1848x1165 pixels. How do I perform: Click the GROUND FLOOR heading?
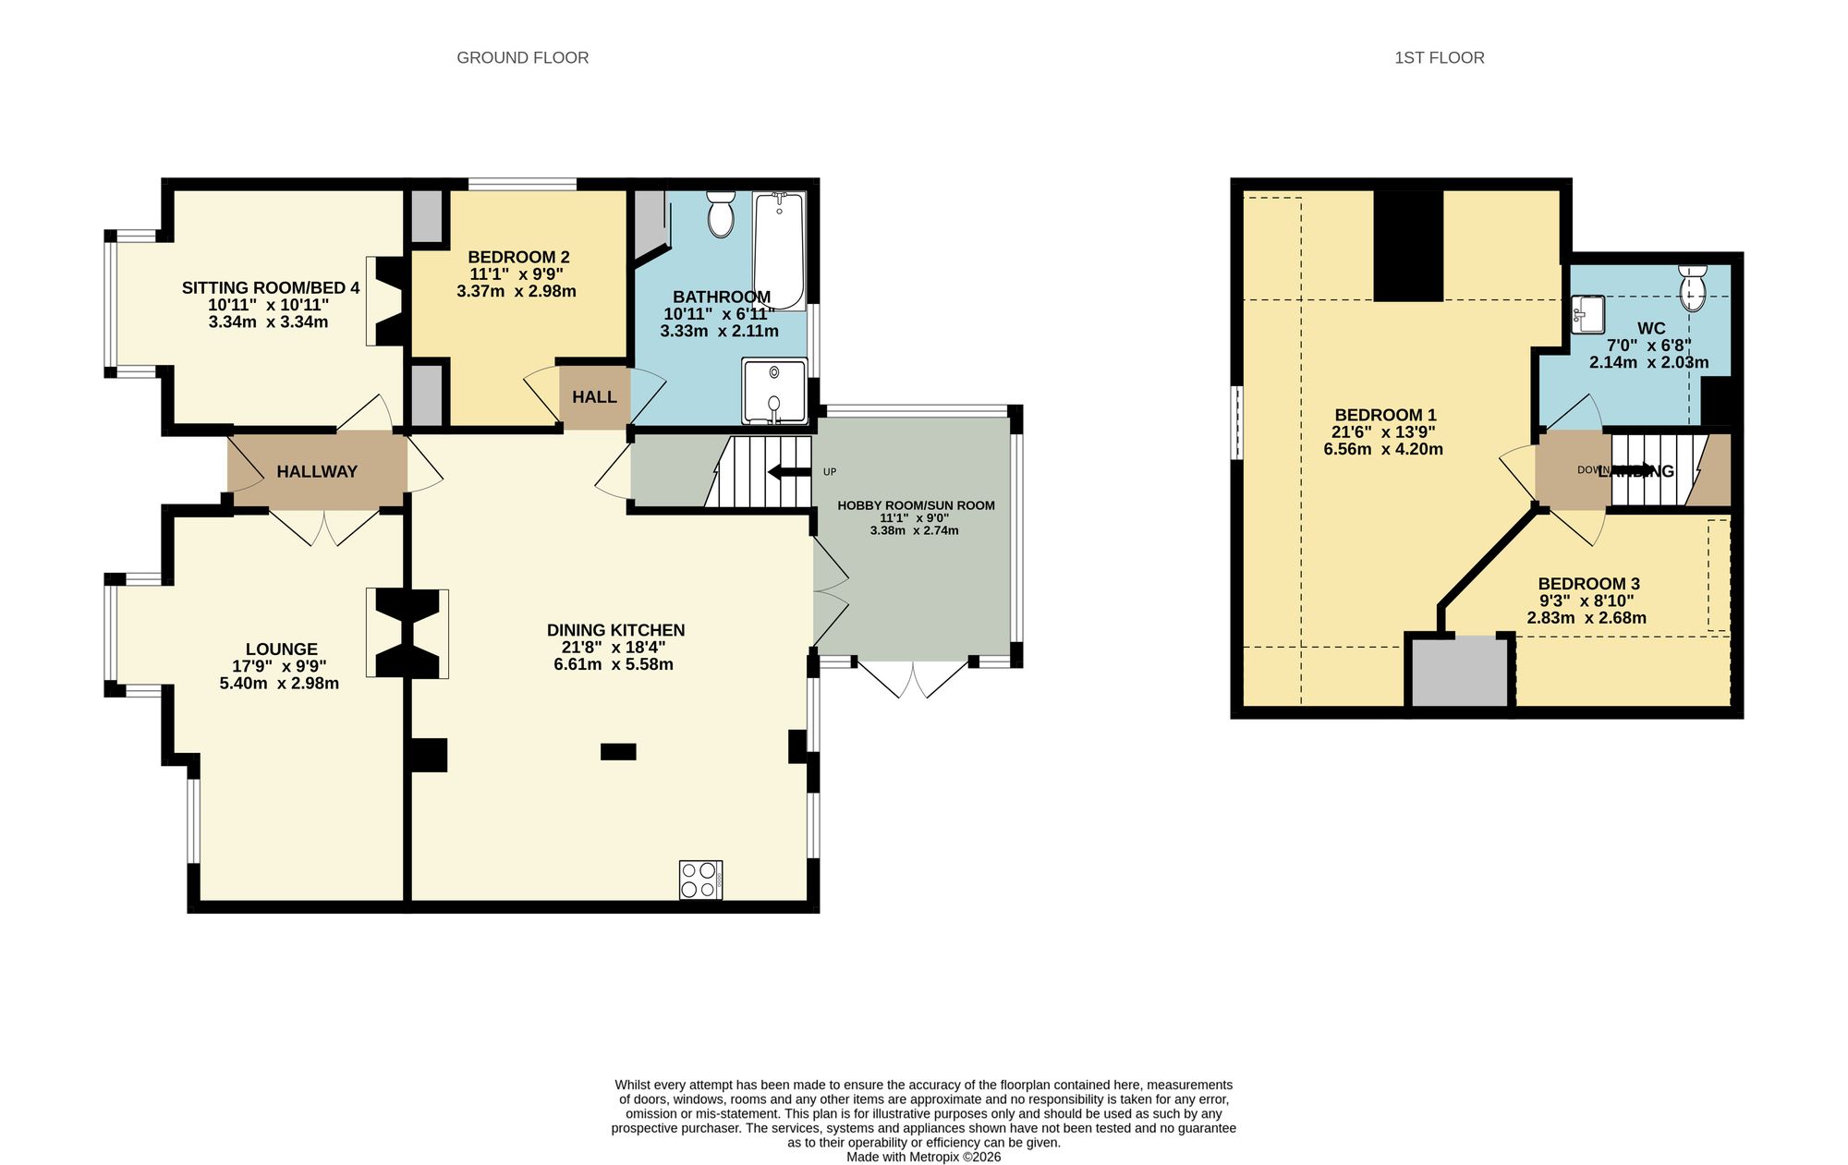[x=522, y=57]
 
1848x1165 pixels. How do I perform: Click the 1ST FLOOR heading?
[x=1439, y=57]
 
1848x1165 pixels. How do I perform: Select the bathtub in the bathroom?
[x=779, y=250]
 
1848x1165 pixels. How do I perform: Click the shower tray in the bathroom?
[x=773, y=392]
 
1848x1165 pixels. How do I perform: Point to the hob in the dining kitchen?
[x=700, y=880]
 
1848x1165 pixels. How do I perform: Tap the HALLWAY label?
[x=317, y=471]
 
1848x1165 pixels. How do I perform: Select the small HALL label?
[x=594, y=397]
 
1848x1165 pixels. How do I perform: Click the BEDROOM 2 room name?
[x=518, y=257]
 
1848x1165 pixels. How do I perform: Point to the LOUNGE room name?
[x=281, y=649]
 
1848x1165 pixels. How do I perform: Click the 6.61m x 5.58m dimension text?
[x=613, y=664]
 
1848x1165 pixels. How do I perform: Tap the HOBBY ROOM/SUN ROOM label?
[x=916, y=505]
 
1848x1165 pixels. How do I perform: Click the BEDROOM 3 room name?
[x=1588, y=584]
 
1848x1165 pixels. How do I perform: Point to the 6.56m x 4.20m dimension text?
[x=1383, y=449]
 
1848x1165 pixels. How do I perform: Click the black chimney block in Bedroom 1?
[x=1408, y=246]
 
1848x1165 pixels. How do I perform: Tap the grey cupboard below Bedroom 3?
[x=1459, y=672]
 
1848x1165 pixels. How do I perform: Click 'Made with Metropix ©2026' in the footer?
[x=923, y=1157]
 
